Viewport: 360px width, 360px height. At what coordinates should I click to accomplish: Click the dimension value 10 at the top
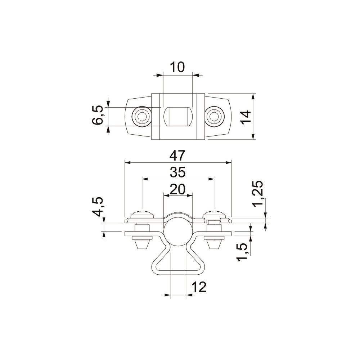pos(177,67)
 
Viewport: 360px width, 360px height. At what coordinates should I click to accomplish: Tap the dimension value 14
pos(246,117)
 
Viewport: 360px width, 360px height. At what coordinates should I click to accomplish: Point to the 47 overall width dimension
pos(177,156)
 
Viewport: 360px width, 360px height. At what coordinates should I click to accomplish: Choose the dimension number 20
pos(177,189)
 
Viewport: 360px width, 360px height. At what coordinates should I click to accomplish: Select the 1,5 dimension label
pos(242,252)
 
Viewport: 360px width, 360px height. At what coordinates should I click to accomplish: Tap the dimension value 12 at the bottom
pos(199,287)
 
